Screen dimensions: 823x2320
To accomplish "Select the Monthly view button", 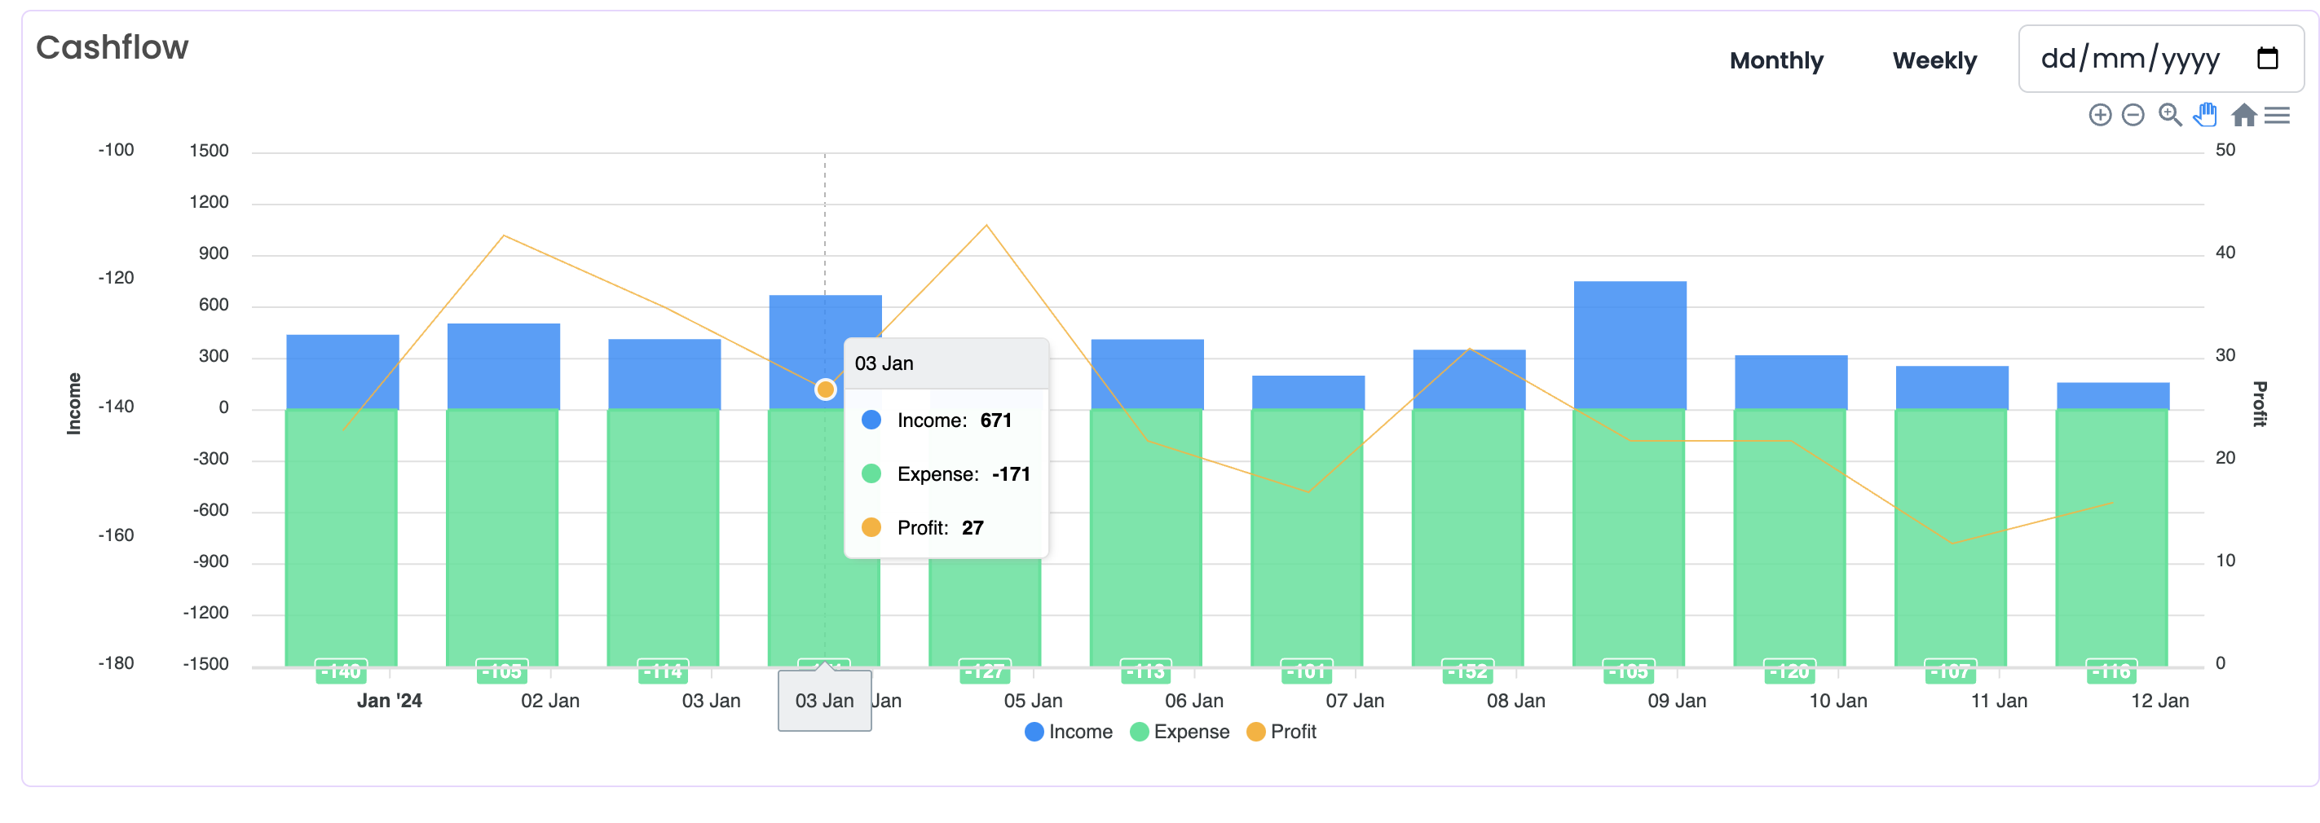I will coord(1775,60).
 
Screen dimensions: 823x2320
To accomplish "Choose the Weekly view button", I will coord(1934,60).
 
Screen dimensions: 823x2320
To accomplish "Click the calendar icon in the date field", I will coord(2267,59).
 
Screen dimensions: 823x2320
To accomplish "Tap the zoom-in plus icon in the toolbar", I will coord(2099,115).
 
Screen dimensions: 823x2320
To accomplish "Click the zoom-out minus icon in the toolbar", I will coord(2133,115).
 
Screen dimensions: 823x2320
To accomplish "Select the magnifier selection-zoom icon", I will coord(2169,115).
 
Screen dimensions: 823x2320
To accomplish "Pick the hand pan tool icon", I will coord(2205,115).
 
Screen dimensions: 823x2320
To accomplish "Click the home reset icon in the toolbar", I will coord(2243,115).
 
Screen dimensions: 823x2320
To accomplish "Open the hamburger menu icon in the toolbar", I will coord(2277,115).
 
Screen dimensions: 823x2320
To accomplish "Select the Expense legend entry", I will coord(1180,732).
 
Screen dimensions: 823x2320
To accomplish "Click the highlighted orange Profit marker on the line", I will coord(825,389).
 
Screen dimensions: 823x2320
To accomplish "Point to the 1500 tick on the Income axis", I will coord(209,151).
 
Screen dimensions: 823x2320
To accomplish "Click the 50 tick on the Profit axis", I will coord(2225,151).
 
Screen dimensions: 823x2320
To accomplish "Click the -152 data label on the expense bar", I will coord(1468,671).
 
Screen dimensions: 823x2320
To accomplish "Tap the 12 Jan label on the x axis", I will coord(2159,701).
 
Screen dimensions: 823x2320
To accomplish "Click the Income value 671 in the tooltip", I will coord(995,420).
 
